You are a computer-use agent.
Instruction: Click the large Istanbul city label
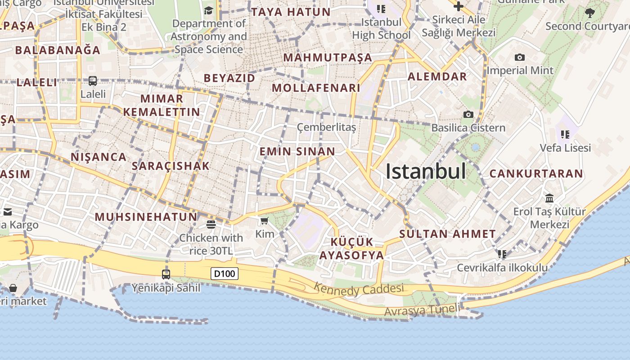pyautogui.click(x=426, y=171)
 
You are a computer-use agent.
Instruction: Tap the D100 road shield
pyautogui.click(x=225, y=273)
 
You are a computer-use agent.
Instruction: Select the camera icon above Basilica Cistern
pyautogui.click(x=468, y=114)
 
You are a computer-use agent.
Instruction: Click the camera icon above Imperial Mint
pyautogui.click(x=520, y=57)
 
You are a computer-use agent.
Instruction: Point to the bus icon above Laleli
pyautogui.click(x=93, y=81)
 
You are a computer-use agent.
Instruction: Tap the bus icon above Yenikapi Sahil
pyautogui.click(x=166, y=274)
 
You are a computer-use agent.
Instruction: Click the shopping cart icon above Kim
pyautogui.click(x=265, y=220)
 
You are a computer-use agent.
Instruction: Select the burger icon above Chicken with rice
pyautogui.click(x=211, y=224)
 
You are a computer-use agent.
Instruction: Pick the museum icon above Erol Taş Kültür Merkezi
pyautogui.click(x=549, y=198)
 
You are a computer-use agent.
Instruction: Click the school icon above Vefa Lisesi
pyautogui.click(x=565, y=134)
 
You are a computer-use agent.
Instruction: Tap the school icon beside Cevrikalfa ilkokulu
pyautogui.click(x=502, y=254)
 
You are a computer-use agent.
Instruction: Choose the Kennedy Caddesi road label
pyautogui.click(x=359, y=289)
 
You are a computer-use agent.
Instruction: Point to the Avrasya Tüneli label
pyautogui.click(x=423, y=310)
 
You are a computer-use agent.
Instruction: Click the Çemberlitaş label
pyautogui.click(x=326, y=127)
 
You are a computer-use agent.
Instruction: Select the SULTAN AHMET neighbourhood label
pyautogui.click(x=447, y=234)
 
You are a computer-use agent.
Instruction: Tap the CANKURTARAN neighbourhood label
pyautogui.click(x=536, y=173)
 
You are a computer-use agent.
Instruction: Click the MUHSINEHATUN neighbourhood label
pyautogui.click(x=146, y=217)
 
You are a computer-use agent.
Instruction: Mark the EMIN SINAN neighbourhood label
pyautogui.click(x=297, y=152)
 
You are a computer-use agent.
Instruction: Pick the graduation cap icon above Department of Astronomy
pyautogui.click(x=208, y=10)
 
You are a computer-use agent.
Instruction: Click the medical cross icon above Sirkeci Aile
pyautogui.click(x=458, y=6)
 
